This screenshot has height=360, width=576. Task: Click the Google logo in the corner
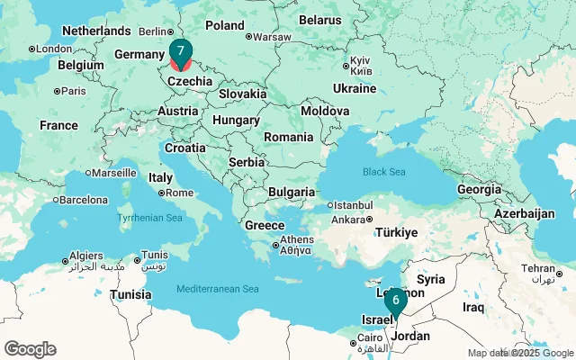tap(30, 349)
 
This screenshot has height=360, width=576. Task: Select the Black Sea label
tap(384, 171)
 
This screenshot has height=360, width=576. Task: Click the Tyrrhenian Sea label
tap(149, 218)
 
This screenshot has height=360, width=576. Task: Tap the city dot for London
tap(31, 49)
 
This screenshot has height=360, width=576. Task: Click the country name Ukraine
tap(355, 88)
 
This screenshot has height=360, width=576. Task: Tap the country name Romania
tap(289, 137)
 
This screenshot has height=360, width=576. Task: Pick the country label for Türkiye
tap(397, 232)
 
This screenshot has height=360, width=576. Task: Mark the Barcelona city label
tap(85, 200)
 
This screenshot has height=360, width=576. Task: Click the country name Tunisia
tap(130, 294)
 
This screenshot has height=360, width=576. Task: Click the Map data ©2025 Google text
tap(520, 353)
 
